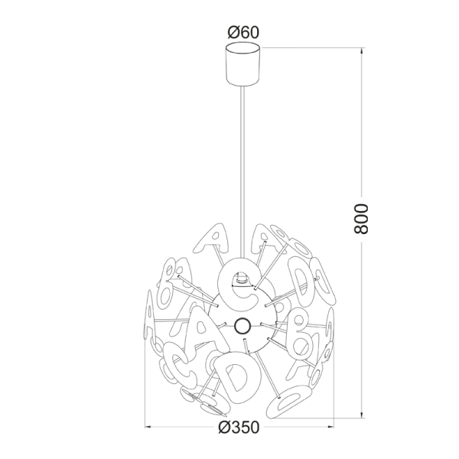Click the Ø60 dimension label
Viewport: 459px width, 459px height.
point(243,32)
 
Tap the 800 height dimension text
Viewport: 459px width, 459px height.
point(361,219)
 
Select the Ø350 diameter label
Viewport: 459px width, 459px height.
point(239,427)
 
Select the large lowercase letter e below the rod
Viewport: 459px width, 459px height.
point(239,283)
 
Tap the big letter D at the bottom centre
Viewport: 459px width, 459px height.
point(238,376)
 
